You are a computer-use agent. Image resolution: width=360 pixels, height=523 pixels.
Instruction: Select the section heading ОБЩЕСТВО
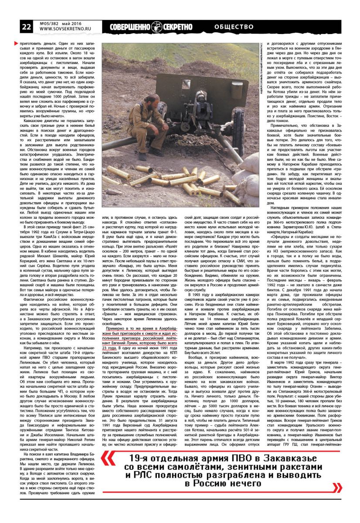click(x=234, y=27)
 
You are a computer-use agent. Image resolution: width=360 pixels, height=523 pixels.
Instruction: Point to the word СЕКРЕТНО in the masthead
click(x=177, y=27)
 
